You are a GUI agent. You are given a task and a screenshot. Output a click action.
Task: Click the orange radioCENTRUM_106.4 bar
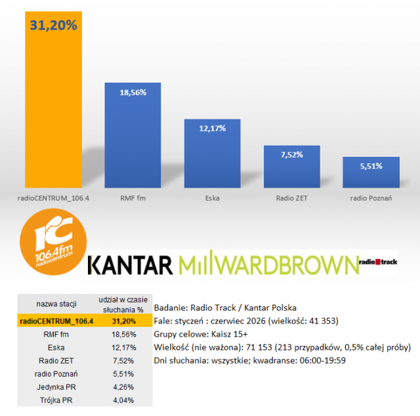53,99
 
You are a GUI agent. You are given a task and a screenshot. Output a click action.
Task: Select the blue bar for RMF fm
133,135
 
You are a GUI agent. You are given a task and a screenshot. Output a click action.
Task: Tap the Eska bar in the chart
212,154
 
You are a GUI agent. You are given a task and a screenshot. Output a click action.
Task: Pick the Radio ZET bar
291,167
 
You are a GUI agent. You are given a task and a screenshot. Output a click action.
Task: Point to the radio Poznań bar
371,172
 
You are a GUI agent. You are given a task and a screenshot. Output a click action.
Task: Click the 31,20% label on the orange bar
53,25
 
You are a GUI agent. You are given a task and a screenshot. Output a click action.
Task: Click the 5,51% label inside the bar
371,166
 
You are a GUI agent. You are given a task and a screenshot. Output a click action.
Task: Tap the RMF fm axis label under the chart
133,198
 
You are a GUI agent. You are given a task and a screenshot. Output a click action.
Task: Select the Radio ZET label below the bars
291,198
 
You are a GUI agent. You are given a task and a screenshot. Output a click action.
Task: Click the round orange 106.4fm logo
53,241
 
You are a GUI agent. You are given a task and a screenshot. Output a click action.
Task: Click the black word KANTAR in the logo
130,265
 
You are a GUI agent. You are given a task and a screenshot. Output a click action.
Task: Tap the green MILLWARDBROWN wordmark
268,262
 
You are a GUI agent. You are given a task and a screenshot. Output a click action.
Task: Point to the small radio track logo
378,262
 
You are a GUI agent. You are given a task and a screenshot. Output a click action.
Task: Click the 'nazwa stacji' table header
56,304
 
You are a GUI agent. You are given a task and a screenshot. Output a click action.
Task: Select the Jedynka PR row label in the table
56,387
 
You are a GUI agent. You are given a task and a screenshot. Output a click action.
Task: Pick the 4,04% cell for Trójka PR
123,400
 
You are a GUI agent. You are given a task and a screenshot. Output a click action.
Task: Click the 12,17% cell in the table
124,347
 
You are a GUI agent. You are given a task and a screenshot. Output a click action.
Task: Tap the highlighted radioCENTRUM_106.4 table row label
56,321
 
